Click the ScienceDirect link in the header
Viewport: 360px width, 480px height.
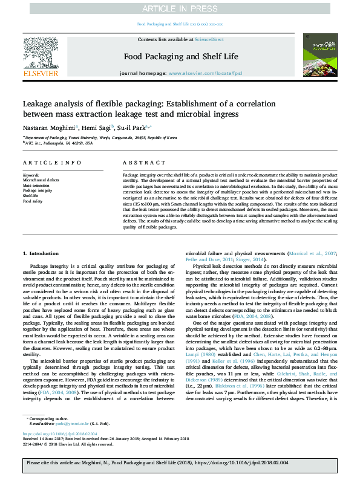[x=209, y=39]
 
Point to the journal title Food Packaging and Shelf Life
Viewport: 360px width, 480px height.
[x=180, y=56]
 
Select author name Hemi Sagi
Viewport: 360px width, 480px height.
[x=96, y=128]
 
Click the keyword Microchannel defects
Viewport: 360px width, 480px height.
[x=41, y=180]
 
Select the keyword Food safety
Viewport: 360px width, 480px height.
[x=33, y=201]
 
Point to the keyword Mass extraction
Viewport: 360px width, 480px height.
[x=36, y=185]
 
